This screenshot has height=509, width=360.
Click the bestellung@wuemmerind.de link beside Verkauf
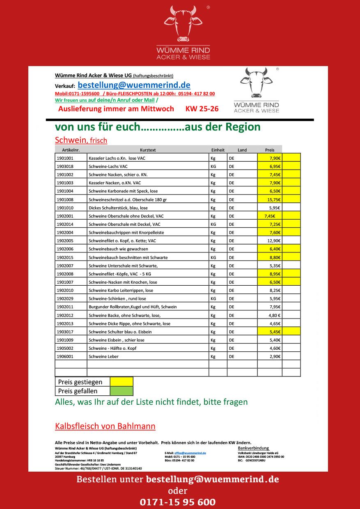[x=134, y=85]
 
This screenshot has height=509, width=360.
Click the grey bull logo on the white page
[x=256, y=82]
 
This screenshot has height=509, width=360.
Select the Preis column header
[x=269, y=150]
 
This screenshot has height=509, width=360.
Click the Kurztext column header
[x=148, y=150]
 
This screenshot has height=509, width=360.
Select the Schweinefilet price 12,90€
[x=274, y=241]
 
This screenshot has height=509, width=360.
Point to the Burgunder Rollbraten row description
[x=133, y=307]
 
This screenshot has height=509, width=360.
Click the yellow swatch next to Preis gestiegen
[x=122, y=382]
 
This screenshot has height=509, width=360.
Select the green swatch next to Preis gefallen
[x=122, y=391]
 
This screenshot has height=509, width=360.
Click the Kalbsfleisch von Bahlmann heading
[x=105, y=426]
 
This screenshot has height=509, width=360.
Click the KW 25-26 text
[x=202, y=109]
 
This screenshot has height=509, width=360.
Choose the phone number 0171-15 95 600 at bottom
[x=177, y=502]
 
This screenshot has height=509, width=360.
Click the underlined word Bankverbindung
[x=253, y=448]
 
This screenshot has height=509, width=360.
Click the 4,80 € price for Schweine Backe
[x=274, y=315]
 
